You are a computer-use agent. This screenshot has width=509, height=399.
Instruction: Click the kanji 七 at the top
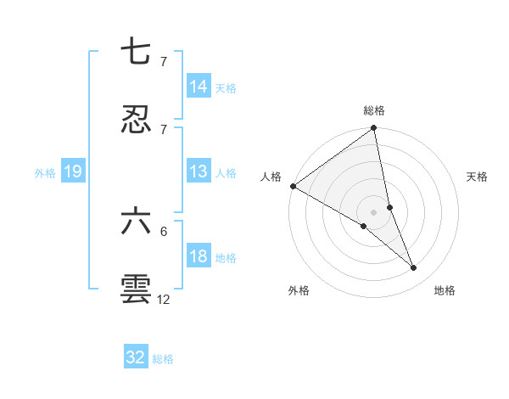[x=136, y=53]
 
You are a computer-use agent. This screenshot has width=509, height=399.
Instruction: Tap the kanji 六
[x=136, y=222]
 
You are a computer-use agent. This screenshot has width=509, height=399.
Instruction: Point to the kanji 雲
[x=136, y=289]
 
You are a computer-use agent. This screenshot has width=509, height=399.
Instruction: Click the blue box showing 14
[x=199, y=87]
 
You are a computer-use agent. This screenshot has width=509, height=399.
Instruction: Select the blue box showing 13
[x=199, y=172]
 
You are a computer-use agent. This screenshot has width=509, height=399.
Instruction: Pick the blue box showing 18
[x=199, y=256]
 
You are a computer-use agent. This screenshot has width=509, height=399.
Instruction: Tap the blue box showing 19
[x=73, y=172]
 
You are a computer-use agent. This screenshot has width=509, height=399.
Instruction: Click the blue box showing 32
[x=136, y=357]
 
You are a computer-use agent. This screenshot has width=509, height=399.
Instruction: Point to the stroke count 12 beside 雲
[x=164, y=299]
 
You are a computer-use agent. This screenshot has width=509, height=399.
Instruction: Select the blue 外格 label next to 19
[x=45, y=173]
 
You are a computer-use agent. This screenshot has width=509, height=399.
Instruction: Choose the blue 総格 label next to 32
[x=163, y=359]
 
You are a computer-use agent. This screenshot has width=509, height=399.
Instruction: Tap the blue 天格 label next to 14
[x=226, y=87]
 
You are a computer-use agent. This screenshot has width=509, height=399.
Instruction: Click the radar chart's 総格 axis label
[x=374, y=111]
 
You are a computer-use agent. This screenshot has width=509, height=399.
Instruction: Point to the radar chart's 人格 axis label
[x=271, y=177]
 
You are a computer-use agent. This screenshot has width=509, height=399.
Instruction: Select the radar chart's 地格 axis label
[x=445, y=290]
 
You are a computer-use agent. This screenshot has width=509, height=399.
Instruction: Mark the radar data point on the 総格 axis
[x=374, y=129]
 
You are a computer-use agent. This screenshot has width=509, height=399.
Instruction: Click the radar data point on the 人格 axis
[x=293, y=186]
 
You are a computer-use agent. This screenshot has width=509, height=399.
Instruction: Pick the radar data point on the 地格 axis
[x=414, y=267]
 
